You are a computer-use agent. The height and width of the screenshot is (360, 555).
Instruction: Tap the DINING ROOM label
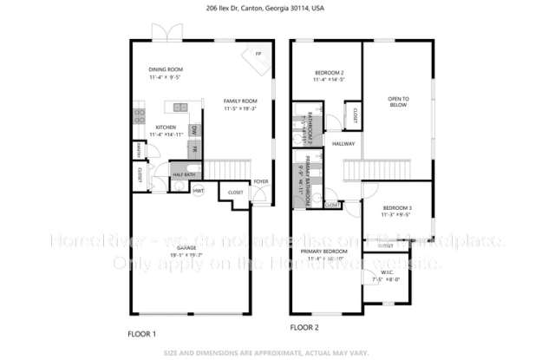pyautogui.click(x=165, y=69)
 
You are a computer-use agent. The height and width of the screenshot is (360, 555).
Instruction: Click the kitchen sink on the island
pyautogui.click(x=180, y=108)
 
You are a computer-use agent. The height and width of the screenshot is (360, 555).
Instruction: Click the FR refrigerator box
pyautogui.click(x=194, y=149)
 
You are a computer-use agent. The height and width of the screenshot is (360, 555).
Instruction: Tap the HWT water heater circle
pyautogui.click(x=199, y=190)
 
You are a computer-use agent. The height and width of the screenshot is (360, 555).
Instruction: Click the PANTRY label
pyautogui.click(x=139, y=153)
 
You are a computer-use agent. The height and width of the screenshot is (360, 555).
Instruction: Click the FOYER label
pyautogui.click(x=260, y=181)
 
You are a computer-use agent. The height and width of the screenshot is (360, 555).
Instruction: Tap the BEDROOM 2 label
pyautogui.click(x=329, y=72)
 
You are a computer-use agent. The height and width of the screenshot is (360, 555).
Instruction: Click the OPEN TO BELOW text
pyautogui.click(x=398, y=101)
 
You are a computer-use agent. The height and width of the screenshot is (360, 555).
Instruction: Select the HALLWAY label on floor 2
pyautogui.click(x=343, y=143)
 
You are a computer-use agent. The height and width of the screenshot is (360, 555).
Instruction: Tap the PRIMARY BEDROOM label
pyautogui.click(x=324, y=252)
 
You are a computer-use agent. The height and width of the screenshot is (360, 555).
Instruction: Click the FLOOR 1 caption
pyautogui.click(x=142, y=333)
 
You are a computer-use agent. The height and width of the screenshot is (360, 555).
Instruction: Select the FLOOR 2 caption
pyautogui.click(x=304, y=329)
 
